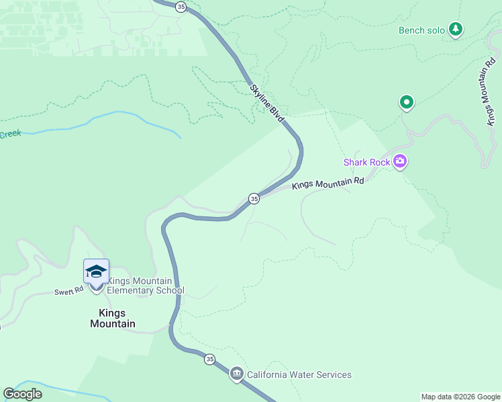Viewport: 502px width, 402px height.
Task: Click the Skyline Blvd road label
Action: (x=268, y=104)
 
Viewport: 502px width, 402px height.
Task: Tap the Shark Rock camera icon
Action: (x=400, y=161)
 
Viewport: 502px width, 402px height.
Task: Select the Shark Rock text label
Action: (x=367, y=162)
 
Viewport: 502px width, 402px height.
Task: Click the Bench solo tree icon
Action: (x=456, y=29)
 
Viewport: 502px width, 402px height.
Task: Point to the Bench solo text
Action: (x=421, y=30)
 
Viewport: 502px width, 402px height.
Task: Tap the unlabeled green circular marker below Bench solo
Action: (x=406, y=103)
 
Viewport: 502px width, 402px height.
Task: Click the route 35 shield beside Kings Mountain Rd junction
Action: (x=254, y=198)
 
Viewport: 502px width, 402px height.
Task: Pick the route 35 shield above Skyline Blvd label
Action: (x=181, y=6)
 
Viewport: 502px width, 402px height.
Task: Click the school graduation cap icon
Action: (x=96, y=271)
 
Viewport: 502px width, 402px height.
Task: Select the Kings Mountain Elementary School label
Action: (x=146, y=285)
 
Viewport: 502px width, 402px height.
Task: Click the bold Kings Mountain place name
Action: (x=113, y=318)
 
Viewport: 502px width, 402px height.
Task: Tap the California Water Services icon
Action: (x=236, y=374)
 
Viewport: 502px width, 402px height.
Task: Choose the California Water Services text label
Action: (x=299, y=375)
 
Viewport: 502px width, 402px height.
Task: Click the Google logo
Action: (x=23, y=394)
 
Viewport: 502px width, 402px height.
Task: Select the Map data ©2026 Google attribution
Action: (x=460, y=397)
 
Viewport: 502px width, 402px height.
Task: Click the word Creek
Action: (x=10, y=134)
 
